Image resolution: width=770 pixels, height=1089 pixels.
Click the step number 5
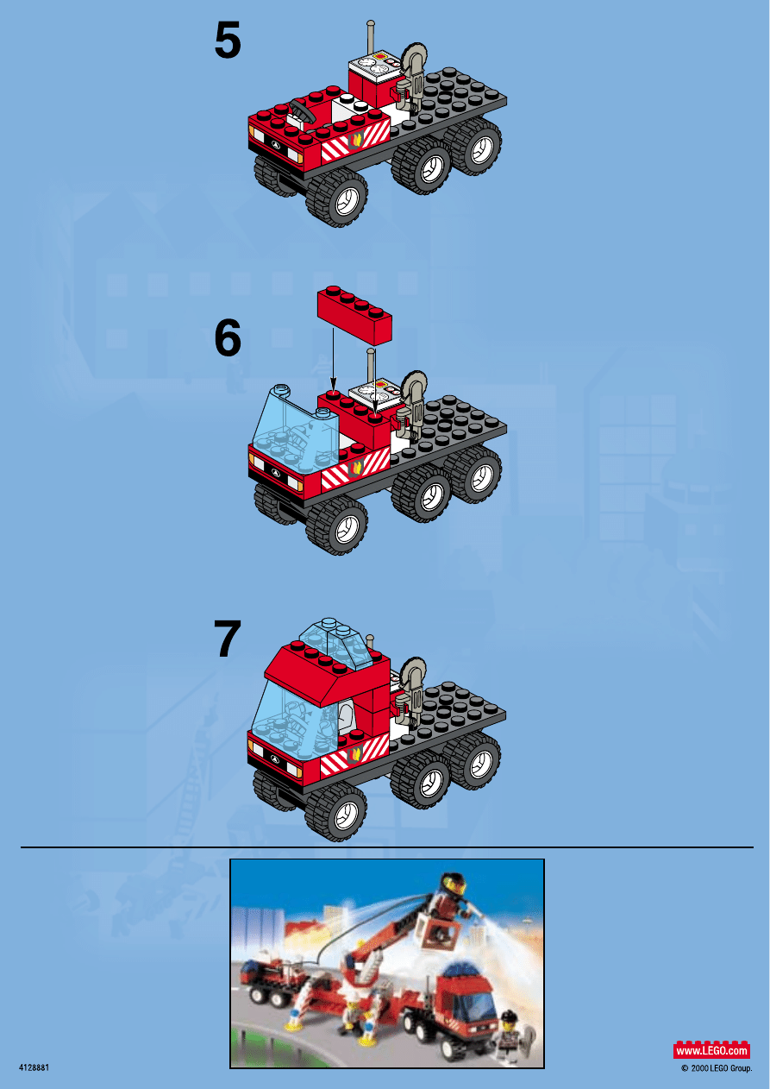[228, 41]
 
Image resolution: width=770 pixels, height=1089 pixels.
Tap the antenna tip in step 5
[371, 22]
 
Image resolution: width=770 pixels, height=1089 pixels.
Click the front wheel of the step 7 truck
[336, 812]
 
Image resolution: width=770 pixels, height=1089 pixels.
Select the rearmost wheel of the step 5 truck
[473, 146]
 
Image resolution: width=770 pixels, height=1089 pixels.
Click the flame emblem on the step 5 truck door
[357, 139]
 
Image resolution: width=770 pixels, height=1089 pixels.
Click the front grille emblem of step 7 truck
[275, 759]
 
